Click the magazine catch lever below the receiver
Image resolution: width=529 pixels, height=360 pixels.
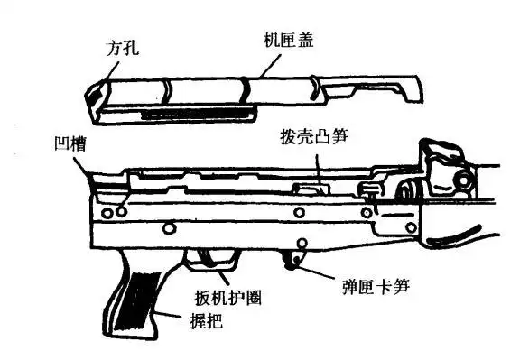click(x=292, y=260)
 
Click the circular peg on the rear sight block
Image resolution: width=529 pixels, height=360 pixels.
click(x=463, y=180)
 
